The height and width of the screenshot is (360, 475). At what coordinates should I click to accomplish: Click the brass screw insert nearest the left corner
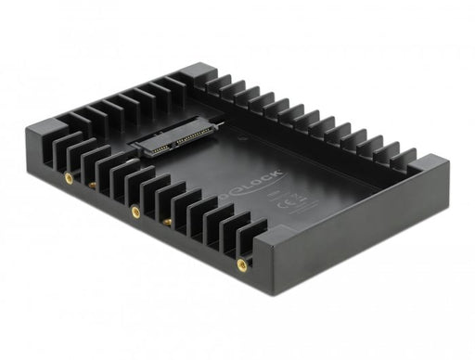point(68,176)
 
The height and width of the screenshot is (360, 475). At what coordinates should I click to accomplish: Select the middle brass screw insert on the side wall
point(135,212)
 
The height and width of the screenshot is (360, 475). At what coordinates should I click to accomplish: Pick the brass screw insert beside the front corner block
point(242,264)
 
